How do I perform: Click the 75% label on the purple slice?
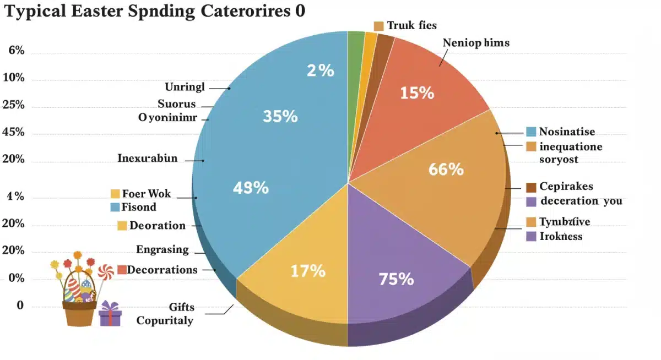click(x=396, y=279)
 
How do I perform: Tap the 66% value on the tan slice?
click(x=446, y=169)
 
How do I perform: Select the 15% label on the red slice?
click(x=417, y=93)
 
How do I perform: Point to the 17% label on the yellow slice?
click(x=307, y=271)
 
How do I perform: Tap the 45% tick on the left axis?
click(x=14, y=132)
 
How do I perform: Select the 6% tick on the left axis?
click(x=17, y=51)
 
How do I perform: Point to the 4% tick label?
click(x=15, y=197)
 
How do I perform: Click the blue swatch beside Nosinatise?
click(x=531, y=132)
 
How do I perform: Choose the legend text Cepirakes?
click(x=566, y=187)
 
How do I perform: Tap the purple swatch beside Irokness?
click(x=531, y=236)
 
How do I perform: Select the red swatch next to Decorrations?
click(x=122, y=270)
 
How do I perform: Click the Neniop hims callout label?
click(x=476, y=42)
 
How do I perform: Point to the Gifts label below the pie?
click(x=181, y=307)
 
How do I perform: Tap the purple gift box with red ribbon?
click(x=110, y=314)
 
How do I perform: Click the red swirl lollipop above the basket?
click(x=105, y=271)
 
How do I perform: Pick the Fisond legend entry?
click(x=139, y=207)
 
